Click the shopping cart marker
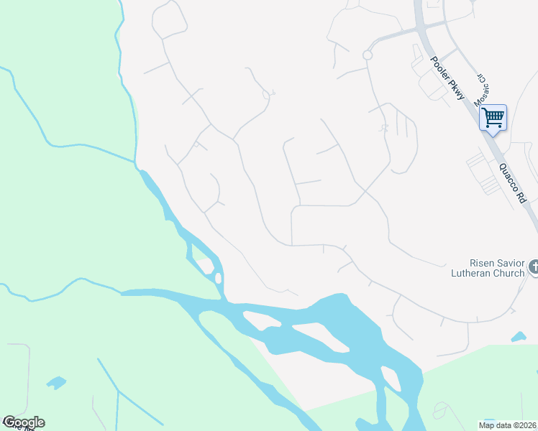click(x=493, y=118)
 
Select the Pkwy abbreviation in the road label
click(x=456, y=93)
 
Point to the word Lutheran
click(x=471, y=273)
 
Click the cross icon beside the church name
click(x=533, y=268)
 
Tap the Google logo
click(x=23, y=422)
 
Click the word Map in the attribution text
click(x=488, y=425)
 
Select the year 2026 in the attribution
click(x=528, y=425)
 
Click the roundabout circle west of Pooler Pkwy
click(x=367, y=55)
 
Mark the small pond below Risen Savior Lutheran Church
click(x=519, y=336)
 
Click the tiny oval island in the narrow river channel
click(x=205, y=265)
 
